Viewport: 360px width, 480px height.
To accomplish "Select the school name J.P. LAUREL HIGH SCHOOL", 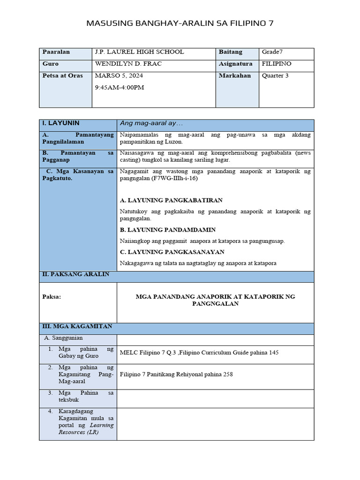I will [x=139, y=52].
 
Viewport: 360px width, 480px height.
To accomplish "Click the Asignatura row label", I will [x=235, y=64].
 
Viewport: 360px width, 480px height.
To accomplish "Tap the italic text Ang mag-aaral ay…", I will [x=151, y=123].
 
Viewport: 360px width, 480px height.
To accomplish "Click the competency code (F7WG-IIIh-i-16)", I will [x=175, y=179].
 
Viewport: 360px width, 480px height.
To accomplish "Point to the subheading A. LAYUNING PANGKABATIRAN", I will [x=171, y=200].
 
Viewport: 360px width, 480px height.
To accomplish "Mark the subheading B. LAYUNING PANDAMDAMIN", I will [x=168, y=230].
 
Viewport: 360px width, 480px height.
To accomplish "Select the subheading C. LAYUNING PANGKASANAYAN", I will [x=172, y=252].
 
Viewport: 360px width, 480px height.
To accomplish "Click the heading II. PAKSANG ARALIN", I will [x=75, y=274].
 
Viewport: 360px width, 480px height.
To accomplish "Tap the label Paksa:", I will [x=52, y=297].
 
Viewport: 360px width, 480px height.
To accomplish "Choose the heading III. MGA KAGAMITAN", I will [x=77, y=326].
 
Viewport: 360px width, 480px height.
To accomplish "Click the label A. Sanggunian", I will [x=63, y=337].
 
